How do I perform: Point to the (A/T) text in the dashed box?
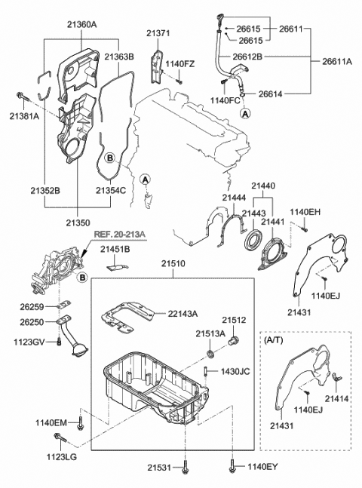click(274, 340)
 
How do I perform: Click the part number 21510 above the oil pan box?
click(171, 263)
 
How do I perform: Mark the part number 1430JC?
click(235, 373)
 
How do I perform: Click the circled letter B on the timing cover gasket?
click(110, 158)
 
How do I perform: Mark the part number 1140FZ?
click(179, 65)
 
